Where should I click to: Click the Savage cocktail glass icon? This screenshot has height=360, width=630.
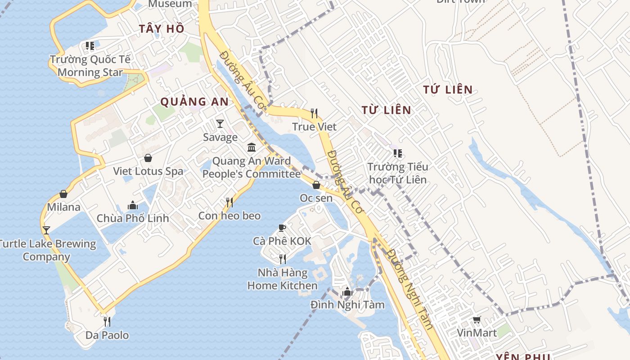tap(220, 123)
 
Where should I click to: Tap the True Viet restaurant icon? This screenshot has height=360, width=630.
tap(314, 113)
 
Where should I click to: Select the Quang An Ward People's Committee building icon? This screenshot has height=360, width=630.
tap(252, 147)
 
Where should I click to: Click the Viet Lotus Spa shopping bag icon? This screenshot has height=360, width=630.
tap(148, 158)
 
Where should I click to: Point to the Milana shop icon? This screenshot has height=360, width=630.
tap(63, 194)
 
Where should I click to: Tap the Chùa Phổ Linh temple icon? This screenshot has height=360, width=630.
tap(133, 205)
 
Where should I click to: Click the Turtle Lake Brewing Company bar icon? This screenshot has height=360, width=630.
tap(46, 230)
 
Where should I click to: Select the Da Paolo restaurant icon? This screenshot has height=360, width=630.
tap(107, 321)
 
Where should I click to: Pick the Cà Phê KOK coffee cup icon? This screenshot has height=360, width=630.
tap(282, 228)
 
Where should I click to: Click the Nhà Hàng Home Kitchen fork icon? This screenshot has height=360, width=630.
tap(283, 259)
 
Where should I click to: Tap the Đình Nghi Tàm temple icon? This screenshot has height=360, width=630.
tap(347, 292)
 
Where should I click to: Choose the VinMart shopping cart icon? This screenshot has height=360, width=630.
tap(477, 320)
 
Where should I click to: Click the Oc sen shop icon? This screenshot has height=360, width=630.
tap(316, 185)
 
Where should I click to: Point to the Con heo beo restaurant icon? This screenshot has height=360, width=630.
tap(229, 202)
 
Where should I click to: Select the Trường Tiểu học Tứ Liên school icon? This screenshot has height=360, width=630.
tap(397, 153)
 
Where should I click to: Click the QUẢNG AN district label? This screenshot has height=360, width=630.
tap(195, 102)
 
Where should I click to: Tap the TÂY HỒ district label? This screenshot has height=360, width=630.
tap(162, 28)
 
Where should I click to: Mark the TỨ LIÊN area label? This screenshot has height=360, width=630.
tap(448, 90)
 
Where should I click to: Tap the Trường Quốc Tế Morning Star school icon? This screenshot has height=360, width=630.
tap(90, 46)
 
